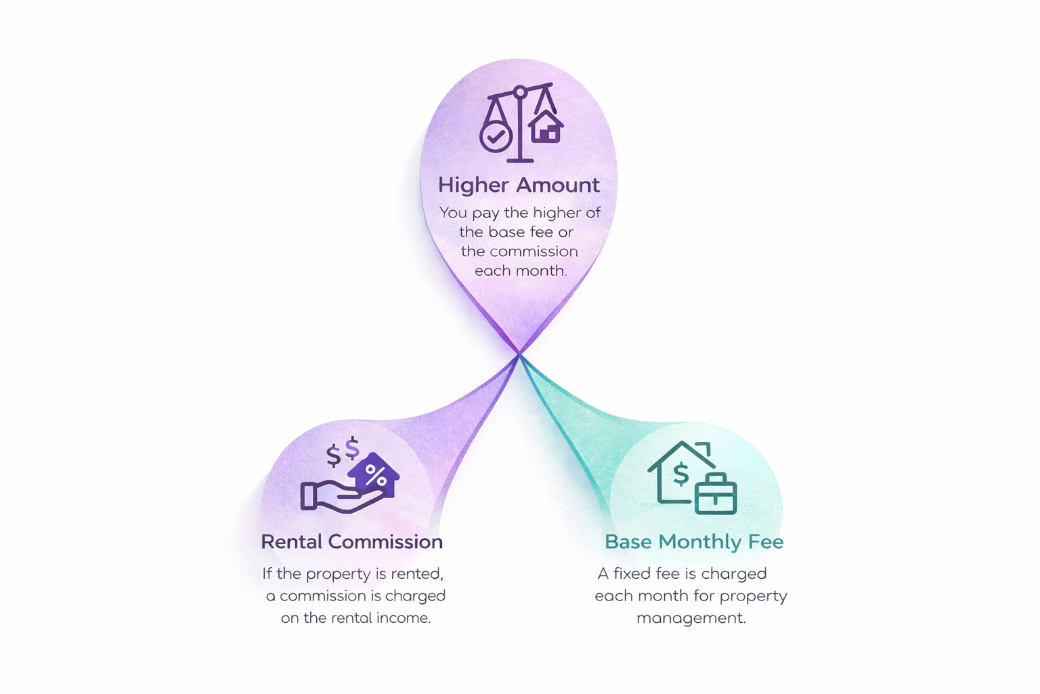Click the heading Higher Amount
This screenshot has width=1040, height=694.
pos(519,185)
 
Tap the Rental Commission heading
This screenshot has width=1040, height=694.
pos(351,542)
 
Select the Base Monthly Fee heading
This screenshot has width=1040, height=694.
pos(693,542)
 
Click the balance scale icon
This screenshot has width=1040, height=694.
pos(520,122)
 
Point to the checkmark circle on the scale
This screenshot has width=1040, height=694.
pos(496,137)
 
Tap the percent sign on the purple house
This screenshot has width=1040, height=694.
pos(375,474)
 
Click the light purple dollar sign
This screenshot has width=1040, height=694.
pos(352,448)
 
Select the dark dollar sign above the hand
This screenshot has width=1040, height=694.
pos(333,455)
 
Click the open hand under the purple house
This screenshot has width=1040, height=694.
pos(339,496)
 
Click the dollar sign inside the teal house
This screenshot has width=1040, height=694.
pos(680,474)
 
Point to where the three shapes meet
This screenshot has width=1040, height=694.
pos(519,354)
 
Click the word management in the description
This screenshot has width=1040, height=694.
pos(691,618)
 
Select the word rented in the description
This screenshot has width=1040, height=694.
pos(417,574)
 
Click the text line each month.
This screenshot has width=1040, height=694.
pos(520,271)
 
